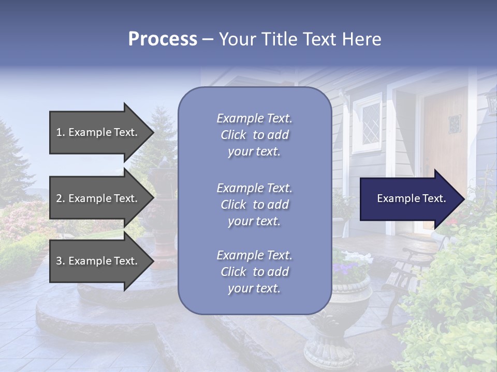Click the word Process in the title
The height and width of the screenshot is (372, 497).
pyautogui.click(x=163, y=39)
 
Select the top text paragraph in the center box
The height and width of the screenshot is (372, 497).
pyautogui.click(x=254, y=135)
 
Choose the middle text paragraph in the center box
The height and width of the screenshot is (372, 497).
pyautogui.click(x=254, y=205)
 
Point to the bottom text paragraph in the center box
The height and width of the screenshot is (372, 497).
pyautogui.click(x=254, y=272)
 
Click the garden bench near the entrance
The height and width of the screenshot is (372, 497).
pyautogui.click(x=406, y=274)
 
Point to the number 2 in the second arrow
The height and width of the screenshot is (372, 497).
pyautogui.click(x=59, y=198)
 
